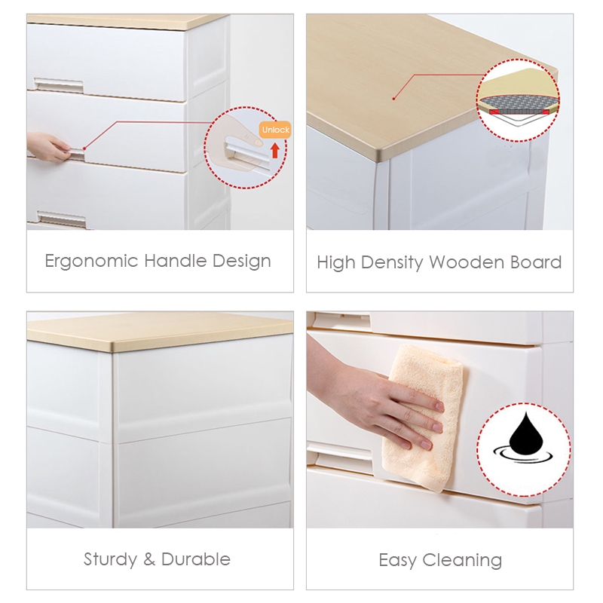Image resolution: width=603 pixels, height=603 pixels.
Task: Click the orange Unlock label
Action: [x=275, y=130]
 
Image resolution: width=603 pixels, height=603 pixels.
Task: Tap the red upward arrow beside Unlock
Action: [x=274, y=150]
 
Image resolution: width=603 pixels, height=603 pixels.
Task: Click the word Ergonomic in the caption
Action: [x=91, y=262]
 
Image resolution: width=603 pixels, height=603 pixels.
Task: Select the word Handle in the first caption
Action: [x=176, y=261]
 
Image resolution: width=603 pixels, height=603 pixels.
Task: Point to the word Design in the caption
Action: [x=241, y=262]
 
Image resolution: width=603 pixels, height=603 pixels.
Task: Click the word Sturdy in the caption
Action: [x=110, y=559]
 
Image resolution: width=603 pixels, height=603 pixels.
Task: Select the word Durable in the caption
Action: [x=196, y=559]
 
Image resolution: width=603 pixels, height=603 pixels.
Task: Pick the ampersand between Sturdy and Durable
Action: [x=149, y=559]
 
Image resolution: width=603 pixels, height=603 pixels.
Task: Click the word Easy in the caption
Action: [x=397, y=560]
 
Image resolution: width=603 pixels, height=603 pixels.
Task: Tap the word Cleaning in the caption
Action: [x=462, y=561]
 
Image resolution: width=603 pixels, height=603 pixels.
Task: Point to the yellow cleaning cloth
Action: [x=423, y=418]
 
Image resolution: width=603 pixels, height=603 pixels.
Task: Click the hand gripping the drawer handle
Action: [x=48, y=146]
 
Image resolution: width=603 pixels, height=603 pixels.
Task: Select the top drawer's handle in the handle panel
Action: [x=59, y=85]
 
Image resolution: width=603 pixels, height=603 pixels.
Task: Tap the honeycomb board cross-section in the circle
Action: [x=518, y=103]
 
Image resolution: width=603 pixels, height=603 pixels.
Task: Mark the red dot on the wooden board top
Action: [x=393, y=99]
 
